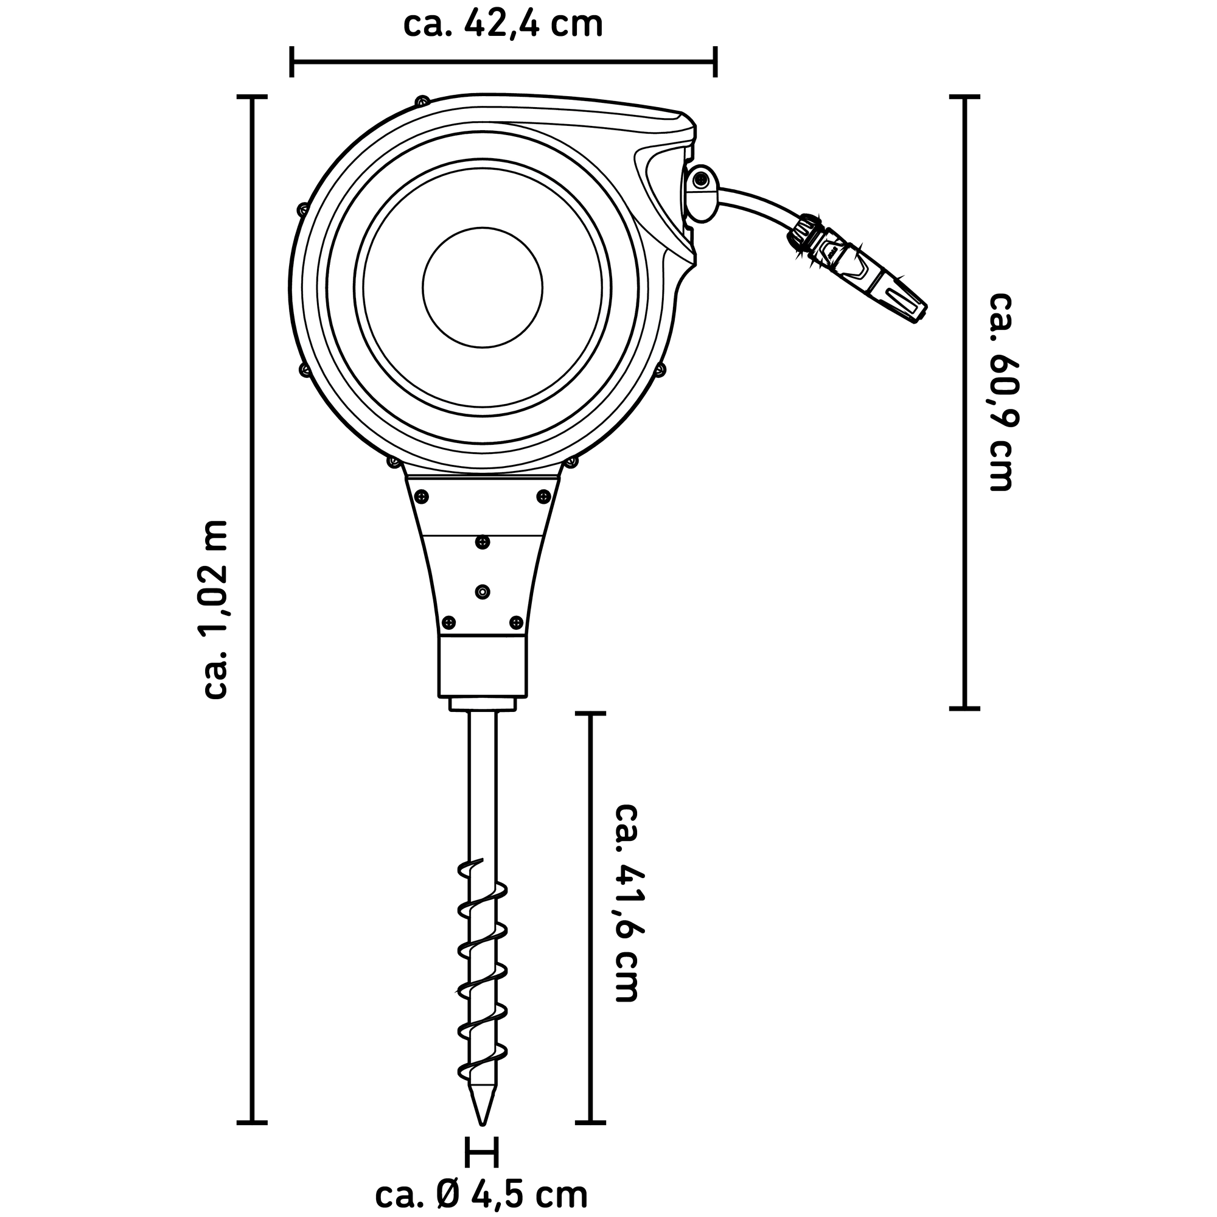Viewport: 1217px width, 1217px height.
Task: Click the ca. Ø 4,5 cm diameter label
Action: pos(481,1194)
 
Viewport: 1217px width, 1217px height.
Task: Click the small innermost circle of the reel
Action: pos(483,287)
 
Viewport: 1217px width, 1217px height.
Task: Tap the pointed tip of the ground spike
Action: pos(482,1141)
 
